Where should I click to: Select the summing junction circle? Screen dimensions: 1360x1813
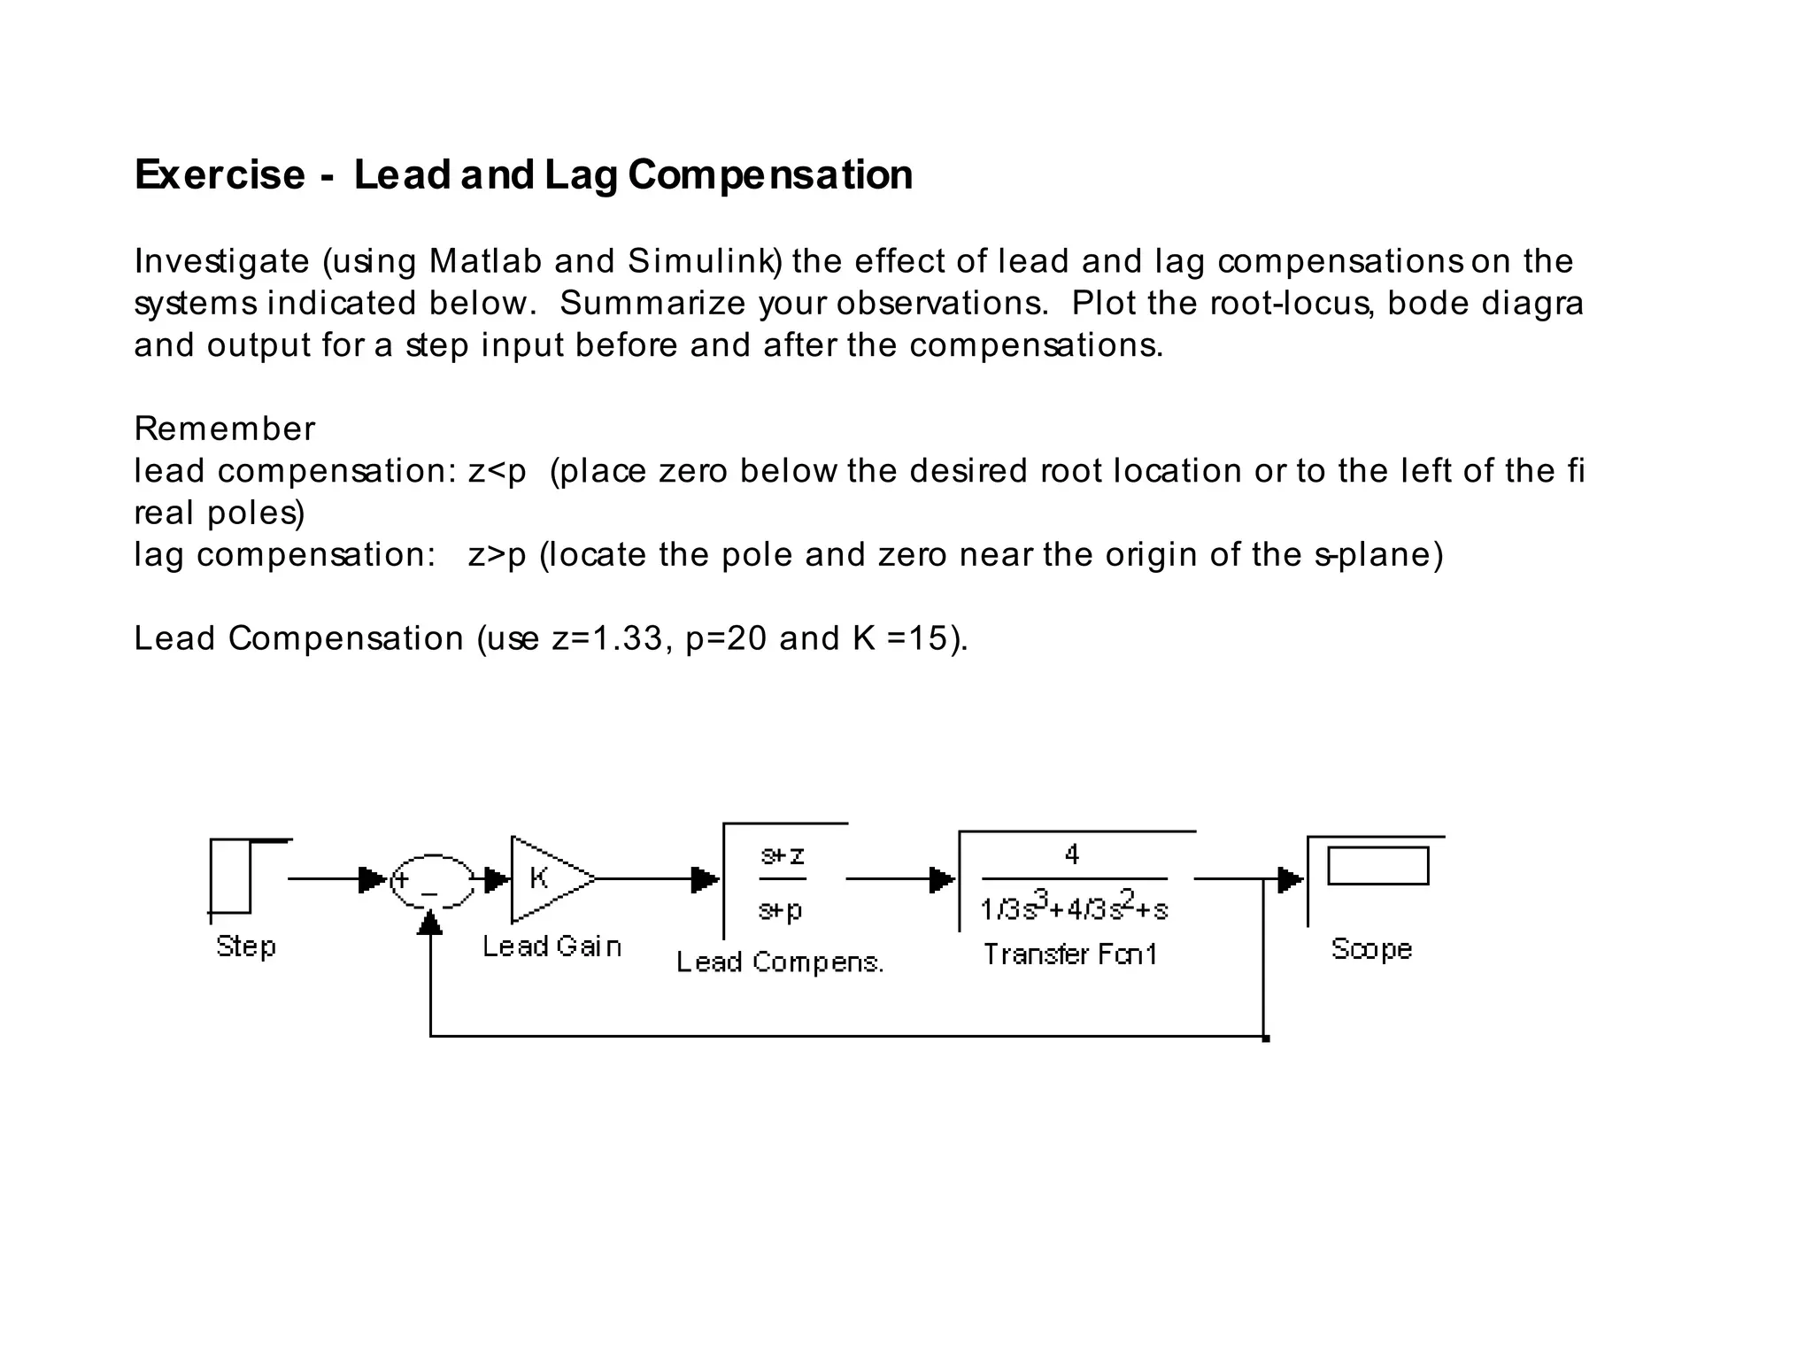[432, 881]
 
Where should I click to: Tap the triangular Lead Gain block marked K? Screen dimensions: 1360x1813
[545, 879]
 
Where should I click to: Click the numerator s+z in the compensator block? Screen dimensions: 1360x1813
[783, 856]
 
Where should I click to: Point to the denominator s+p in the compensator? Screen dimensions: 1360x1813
[781, 909]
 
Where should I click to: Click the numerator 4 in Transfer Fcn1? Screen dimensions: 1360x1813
[1072, 854]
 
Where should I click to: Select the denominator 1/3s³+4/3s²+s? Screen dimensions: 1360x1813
[1074, 908]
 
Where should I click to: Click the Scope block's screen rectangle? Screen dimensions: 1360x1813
[1377, 866]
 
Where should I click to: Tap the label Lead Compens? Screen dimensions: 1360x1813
[780, 962]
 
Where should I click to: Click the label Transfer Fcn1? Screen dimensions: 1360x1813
[1070, 954]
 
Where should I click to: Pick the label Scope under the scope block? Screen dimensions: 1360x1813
[1371, 949]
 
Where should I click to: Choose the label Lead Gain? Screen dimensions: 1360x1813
[552, 947]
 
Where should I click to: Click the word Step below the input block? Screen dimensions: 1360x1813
[246, 947]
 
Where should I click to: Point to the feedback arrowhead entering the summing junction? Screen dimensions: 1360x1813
[430, 923]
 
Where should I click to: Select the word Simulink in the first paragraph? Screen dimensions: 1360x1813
[704, 261]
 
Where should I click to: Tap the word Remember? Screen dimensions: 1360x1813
[224, 429]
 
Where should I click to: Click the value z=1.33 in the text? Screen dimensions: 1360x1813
[606, 638]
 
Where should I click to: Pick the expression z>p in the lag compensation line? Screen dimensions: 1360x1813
[497, 555]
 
